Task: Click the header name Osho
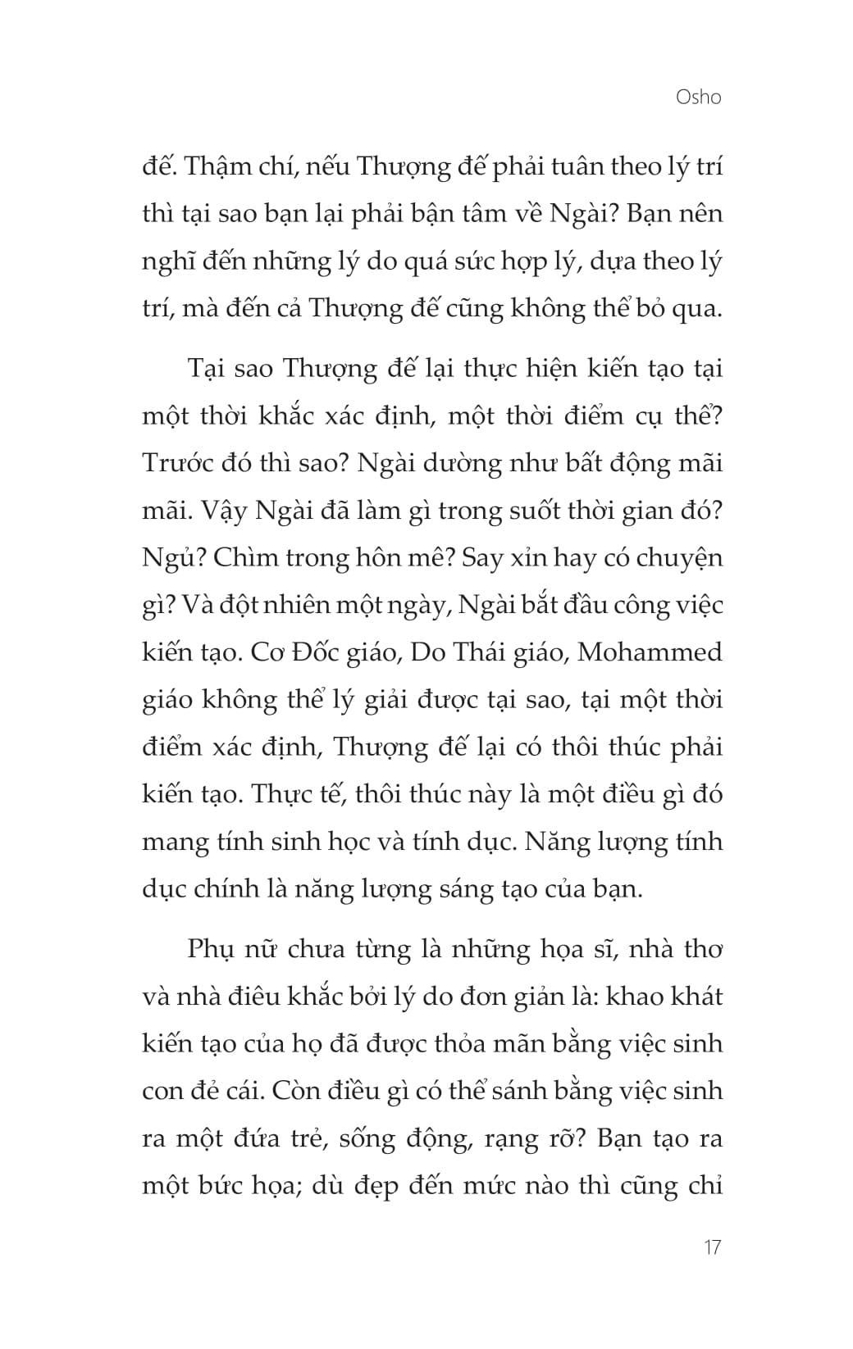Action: (x=698, y=98)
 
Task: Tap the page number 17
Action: (x=711, y=1247)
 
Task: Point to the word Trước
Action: (x=180, y=463)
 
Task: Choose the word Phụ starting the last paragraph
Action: (x=212, y=950)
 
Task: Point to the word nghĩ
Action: (x=169, y=264)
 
